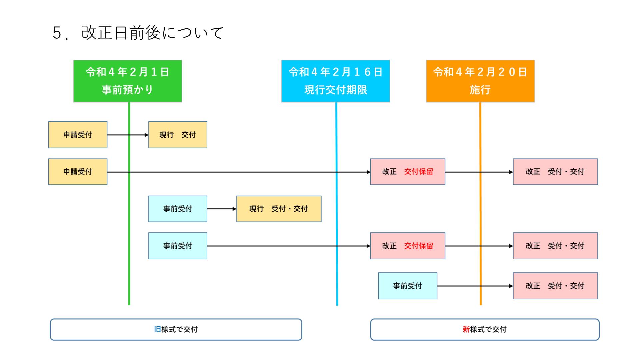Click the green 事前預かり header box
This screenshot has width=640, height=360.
pyautogui.click(x=128, y=81)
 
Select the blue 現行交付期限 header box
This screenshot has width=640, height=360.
pyautogui.click(x=336, y=81)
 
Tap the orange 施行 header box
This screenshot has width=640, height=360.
pyautogui.click(x=480, y=81)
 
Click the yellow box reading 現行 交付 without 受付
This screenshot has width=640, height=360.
pyautogui.click(x=178, y=135)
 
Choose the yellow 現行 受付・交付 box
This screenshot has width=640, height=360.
pyautogui.click(x=279, y=209)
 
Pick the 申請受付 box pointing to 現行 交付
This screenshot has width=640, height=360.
pyautogui.click(x=78, y=135)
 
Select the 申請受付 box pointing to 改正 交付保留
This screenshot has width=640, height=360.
pyautogui.click(x=78, y=172)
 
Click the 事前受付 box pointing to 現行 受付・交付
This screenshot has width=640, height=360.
pyautogui.click(x=178, y=209)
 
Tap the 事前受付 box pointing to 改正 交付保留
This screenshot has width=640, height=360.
pyautogui.click(x=178, y=246)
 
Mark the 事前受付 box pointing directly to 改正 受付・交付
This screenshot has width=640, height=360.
pyautogui.click(x=408, y=286)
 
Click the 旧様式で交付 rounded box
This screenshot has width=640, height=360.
pyautogui.click(x=176, y=329)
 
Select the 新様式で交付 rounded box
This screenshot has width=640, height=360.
pyautogui.click(x=485, y=329)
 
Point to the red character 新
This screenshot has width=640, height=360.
pyautogui.click(x=466, y=329)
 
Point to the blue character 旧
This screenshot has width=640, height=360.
pyautogui.click(x=157, y=329)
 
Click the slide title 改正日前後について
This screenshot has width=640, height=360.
pyautogui.click(x=138, y=33)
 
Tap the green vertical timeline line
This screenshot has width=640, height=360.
pyautogui.click(x=129, y=203)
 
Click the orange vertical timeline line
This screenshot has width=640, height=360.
pyautogui.click(x=480, y=203)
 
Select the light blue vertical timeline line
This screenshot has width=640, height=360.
pyautogui.click(x=337, y=203)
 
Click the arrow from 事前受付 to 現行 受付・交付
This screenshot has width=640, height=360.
pyautogui.click(x=222, y=209)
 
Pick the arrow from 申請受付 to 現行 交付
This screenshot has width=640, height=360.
pyautogui.click(x=128, y=135)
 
